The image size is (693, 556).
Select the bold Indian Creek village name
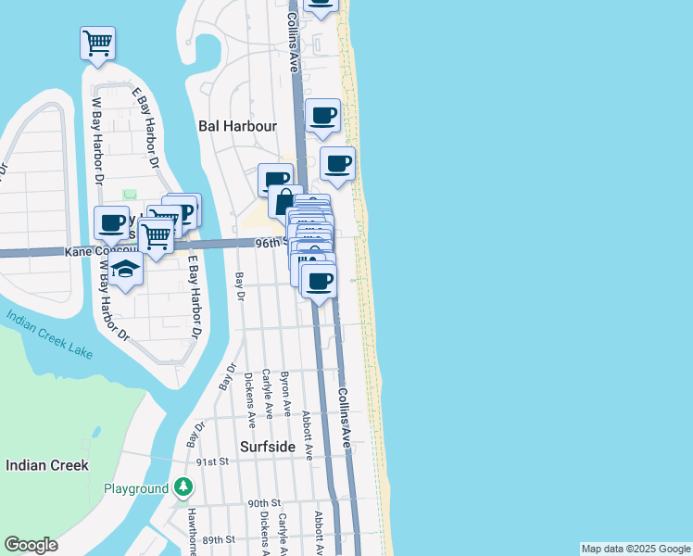(46, 465)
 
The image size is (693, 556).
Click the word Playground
(135, 488)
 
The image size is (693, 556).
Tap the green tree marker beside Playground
(184, 487)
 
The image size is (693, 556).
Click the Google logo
(31, 545)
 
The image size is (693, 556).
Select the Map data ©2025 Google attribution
(636, 549)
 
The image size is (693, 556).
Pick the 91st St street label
(212, 461)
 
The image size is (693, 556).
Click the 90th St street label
(263, 503)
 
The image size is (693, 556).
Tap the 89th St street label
(220, 539)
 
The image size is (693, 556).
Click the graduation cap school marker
(125, 270)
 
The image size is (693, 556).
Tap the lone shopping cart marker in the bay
(98, 43)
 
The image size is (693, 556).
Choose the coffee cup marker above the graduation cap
(112, 223)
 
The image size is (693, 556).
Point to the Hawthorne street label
(193, 535)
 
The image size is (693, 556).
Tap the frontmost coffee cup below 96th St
(319, 281)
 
